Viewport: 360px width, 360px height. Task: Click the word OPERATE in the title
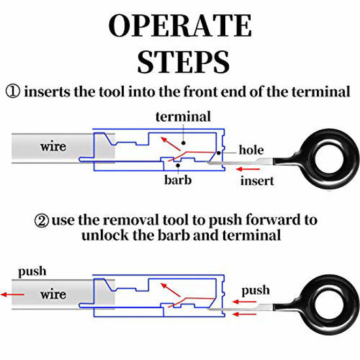180,26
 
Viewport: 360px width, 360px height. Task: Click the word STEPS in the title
183,62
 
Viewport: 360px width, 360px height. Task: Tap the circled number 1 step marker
13,92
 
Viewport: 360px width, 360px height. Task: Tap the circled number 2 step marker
41,221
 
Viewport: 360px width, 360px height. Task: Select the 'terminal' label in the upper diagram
183,117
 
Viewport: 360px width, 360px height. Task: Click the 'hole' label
251,150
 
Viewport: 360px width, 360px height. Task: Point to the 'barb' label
177,179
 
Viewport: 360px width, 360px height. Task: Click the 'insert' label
257,181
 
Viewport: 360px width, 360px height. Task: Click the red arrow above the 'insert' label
248,170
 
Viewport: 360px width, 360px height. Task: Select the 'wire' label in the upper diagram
53,147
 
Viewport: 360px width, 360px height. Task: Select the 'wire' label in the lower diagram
53,295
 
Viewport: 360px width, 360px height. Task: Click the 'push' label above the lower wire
32,272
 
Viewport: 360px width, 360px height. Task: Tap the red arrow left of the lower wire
12,295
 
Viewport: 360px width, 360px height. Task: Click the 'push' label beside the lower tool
255,291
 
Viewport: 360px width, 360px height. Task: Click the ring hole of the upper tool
329,159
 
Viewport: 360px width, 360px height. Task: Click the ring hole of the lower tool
329,304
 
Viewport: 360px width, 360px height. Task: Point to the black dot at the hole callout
219,153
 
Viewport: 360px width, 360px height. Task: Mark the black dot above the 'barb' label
178,165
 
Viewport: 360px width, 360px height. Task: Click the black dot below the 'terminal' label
183,143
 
